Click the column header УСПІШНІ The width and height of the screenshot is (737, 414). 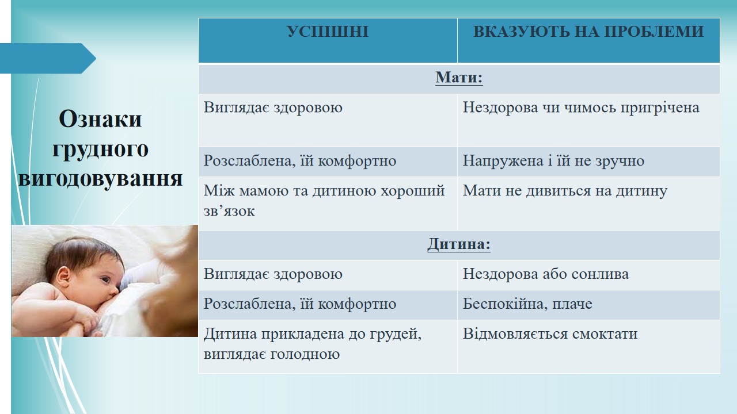point(328,32)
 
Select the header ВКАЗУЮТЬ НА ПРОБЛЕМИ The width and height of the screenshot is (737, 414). point(588,32)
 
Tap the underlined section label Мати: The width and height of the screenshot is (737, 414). point(459,78)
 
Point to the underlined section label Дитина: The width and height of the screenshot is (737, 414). point(459,244)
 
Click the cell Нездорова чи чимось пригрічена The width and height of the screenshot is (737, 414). point(581,108)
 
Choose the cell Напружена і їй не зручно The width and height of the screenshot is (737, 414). point(553,160)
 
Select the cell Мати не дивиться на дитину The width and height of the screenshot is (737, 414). point(565,191)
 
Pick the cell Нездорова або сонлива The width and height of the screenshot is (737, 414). point(546,274)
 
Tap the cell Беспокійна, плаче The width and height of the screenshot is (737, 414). point(527,304)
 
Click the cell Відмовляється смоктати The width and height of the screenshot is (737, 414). point(550,334)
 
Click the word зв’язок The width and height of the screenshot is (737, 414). point(229,211)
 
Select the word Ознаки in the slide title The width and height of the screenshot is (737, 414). point(100,118)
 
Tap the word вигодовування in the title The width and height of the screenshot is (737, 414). point(100,179)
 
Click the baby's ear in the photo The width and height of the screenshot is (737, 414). point(63,277)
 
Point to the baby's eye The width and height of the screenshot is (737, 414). point(105,280)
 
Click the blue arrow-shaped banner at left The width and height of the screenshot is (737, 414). point(48,58)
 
